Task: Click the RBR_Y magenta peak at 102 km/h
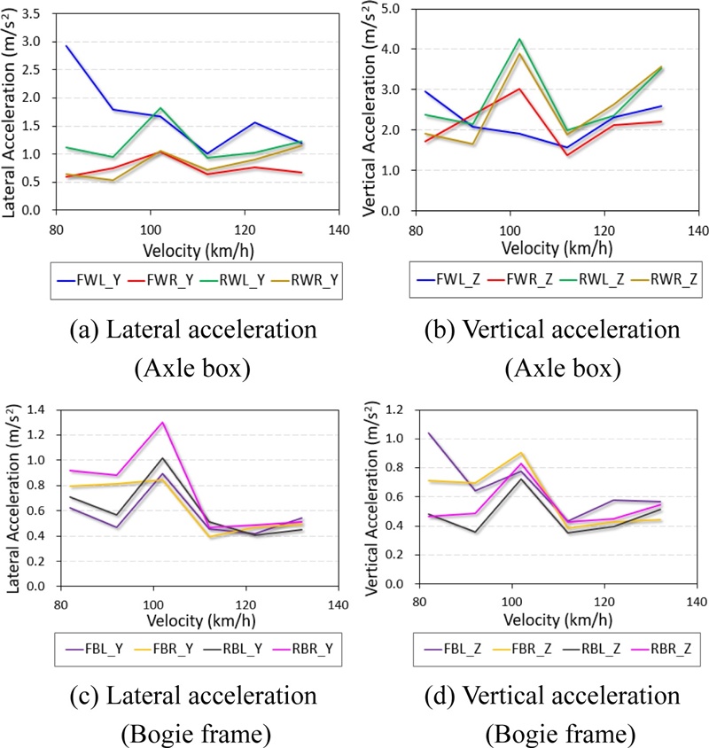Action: pos(162,423)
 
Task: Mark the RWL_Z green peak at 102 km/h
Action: pos(519,39)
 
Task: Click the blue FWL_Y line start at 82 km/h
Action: pos(66,46)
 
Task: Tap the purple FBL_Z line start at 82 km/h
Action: pos(428,433)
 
